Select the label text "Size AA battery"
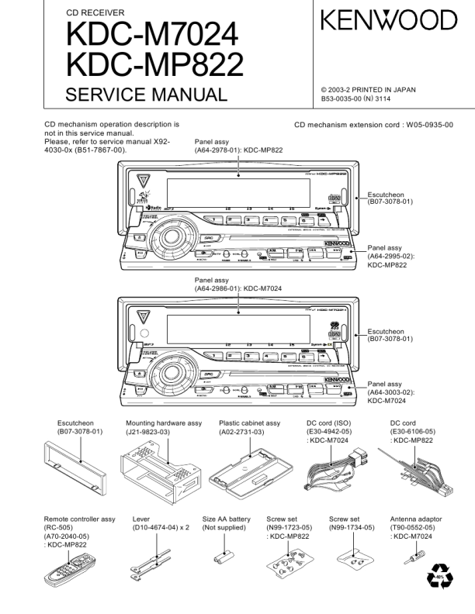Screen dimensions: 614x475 pos(226,519)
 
